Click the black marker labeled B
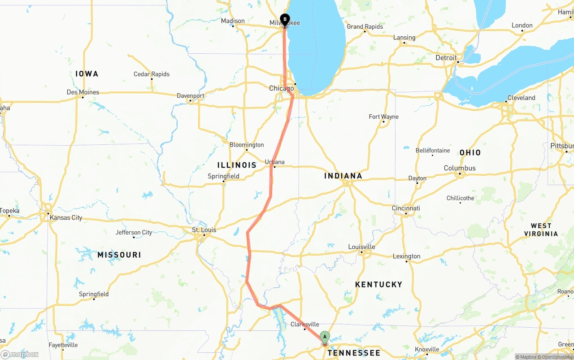click(284, 20)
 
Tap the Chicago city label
click(281, 88)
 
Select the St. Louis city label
click(204, 230)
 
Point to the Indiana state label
click(343, 176)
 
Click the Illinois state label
click(237, 165)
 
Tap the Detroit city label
click(446, 58)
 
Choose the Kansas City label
click(66, 218)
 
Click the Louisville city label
click(361, 247)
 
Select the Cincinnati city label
click(406, 208)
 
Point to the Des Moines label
click(83, 92)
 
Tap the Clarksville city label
click(305, 325)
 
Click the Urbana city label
click(274, 162)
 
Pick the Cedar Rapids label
click(152, 74)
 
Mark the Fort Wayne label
click(383, 117)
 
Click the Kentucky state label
click(378, 285)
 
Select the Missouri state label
click(119, 255)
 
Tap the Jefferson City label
click(134, 233)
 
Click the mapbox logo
click(20, 354)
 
